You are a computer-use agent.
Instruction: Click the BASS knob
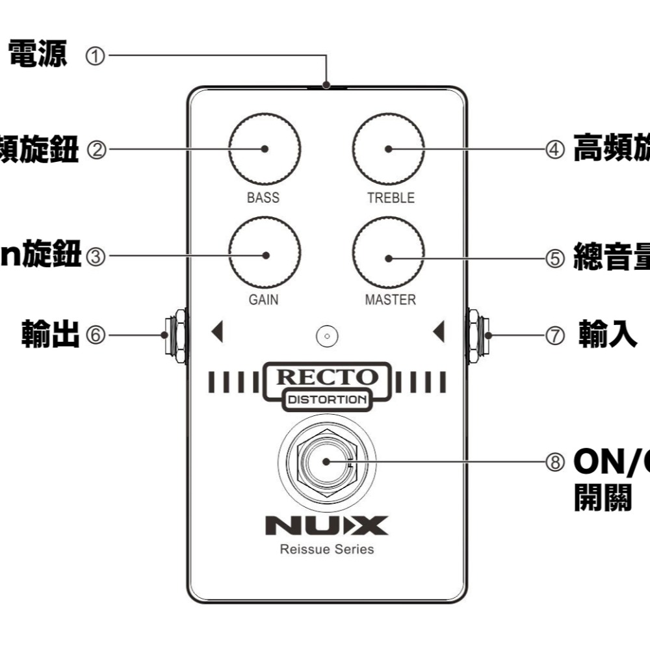265,148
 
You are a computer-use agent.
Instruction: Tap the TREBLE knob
388,148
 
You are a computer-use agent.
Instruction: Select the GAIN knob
265,255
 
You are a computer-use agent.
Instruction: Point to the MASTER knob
388,257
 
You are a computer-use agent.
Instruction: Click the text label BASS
263,198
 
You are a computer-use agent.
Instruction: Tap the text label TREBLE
390,198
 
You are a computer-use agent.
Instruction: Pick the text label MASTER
390,300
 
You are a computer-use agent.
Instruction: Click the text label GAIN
263,300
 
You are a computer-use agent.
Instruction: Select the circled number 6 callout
95,335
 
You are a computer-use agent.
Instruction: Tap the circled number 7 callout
554,336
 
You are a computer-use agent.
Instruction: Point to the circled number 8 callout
554,461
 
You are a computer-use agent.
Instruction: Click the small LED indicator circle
326,336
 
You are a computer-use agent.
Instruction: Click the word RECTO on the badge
327,378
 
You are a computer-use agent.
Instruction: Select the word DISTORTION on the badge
327,400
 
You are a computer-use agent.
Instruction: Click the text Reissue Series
327,549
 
